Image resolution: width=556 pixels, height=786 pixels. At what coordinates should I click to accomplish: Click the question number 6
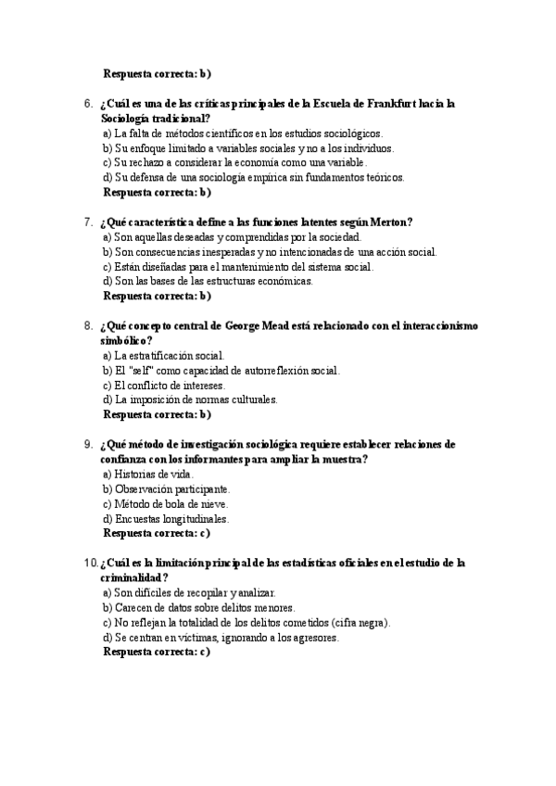point(88,104)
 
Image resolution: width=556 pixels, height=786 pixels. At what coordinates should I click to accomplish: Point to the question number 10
point(90,563)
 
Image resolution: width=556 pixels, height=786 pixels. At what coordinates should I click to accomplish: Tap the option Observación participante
point(167,489)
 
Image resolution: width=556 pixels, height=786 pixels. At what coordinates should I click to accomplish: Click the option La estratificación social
point(163,356)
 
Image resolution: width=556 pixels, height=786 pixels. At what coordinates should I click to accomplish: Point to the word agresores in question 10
point(312,638)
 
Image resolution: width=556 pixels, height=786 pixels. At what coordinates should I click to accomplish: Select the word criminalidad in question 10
point(138,577)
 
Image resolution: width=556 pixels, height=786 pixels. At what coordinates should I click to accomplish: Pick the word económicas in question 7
point(285,282)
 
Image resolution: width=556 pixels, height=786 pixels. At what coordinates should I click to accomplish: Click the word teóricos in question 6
point(381,178)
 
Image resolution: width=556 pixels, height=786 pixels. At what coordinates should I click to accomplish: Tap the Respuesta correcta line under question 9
point(157,534)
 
